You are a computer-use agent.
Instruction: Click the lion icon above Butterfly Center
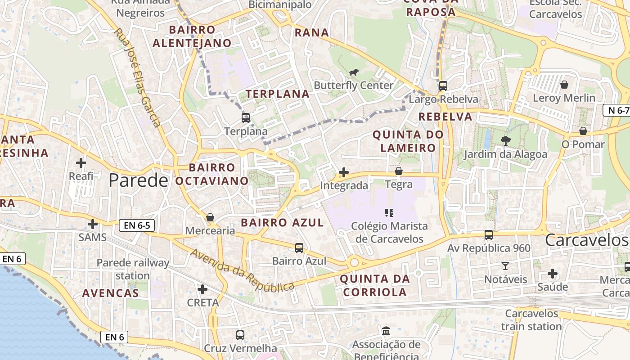354,72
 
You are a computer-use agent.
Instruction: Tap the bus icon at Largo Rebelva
443,86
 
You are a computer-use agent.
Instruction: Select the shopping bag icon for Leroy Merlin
564,85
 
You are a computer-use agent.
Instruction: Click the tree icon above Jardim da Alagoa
505,141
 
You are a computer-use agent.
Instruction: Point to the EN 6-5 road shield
137,225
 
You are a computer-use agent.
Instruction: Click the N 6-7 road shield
616,110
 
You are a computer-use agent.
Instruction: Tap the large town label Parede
138,180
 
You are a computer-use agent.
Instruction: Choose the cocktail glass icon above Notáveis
505,266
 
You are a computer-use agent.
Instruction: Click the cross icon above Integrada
344,172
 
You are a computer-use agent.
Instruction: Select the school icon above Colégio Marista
389,212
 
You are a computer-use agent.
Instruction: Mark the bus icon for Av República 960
489,235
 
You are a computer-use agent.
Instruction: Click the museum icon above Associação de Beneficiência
386,332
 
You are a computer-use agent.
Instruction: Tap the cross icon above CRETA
202,289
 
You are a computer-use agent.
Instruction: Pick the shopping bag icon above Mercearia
210,217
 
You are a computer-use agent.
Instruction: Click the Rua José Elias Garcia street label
137,78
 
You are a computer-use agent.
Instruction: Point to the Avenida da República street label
242,270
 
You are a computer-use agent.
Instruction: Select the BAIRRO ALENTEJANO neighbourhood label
192,36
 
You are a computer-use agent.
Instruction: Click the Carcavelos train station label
531,320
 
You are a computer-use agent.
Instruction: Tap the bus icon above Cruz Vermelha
240,335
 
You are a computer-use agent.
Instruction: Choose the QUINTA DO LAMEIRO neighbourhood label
408,141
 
